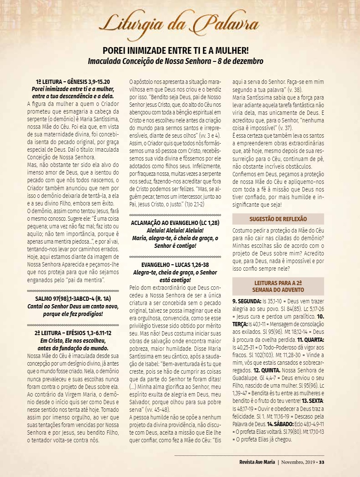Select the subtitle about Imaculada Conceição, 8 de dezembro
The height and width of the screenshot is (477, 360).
[x=175, y=61]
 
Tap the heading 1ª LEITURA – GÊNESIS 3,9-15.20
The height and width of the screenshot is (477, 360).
[x=73, y=82]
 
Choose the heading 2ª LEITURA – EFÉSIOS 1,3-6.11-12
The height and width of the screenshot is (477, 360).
[x=73, y=333]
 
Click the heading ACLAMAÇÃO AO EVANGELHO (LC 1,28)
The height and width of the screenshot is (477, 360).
[x=174, y=222]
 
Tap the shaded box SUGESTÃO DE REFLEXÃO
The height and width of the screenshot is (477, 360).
[x=278, y=219]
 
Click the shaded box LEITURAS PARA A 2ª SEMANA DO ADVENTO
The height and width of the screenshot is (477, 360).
[x=278, y=286]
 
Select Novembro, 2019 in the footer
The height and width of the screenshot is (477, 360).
[x=299, y=462]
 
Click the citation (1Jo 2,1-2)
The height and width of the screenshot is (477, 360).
[x=194, y=204]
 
